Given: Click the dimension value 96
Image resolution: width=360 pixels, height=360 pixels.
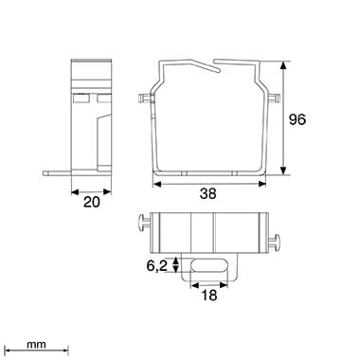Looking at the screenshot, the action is [297, 119].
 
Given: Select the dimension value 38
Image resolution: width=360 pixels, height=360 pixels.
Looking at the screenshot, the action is [208, 193].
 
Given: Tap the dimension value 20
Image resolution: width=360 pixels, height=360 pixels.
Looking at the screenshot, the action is [92, 202].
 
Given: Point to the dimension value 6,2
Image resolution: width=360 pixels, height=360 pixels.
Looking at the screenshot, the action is [156, 266].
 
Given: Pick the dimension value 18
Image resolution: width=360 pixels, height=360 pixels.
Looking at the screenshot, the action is [209, 296].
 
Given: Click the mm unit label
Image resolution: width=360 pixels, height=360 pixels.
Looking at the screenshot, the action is [36, 345].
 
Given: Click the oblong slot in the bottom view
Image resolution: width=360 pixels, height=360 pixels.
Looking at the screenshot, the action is [208, 265].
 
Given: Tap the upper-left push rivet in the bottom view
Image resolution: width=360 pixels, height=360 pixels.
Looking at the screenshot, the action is [145, 224].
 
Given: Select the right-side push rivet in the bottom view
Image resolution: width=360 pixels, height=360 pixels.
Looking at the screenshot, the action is [275, 243].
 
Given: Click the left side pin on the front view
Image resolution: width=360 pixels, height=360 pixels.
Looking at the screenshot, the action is [144, 99].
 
